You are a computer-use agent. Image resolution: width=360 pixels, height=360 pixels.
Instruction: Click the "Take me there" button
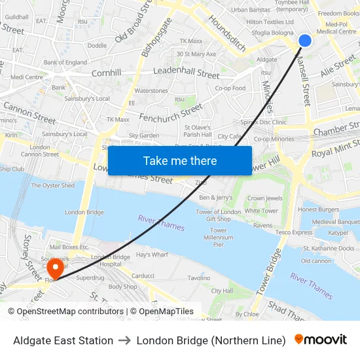tap(180, 161)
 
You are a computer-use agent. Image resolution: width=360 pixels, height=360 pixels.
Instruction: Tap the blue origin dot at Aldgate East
tap(305, 41)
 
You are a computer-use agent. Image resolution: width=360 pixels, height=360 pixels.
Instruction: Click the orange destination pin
tap(56, 268)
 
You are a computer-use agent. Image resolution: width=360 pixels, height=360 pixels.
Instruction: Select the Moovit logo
tap(321, 340)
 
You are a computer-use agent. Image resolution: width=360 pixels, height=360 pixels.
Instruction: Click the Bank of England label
tap(65, 63)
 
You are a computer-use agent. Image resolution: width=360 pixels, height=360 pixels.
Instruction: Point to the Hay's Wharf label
tap(152, 254)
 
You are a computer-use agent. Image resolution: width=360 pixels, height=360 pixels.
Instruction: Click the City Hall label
tap(222, 291)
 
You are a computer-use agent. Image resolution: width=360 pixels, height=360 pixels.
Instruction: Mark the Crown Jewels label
tap(264, 198)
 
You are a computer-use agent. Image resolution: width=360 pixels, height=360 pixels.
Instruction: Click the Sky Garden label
tap(144, 135)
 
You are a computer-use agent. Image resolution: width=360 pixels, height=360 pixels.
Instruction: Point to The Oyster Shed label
tap(53, 185)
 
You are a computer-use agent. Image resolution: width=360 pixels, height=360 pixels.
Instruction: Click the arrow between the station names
tap(124, 340)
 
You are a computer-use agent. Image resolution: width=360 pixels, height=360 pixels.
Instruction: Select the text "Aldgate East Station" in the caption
tap(63, 340)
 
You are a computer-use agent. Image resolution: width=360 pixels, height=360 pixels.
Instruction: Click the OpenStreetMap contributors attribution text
tap(65, 312)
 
